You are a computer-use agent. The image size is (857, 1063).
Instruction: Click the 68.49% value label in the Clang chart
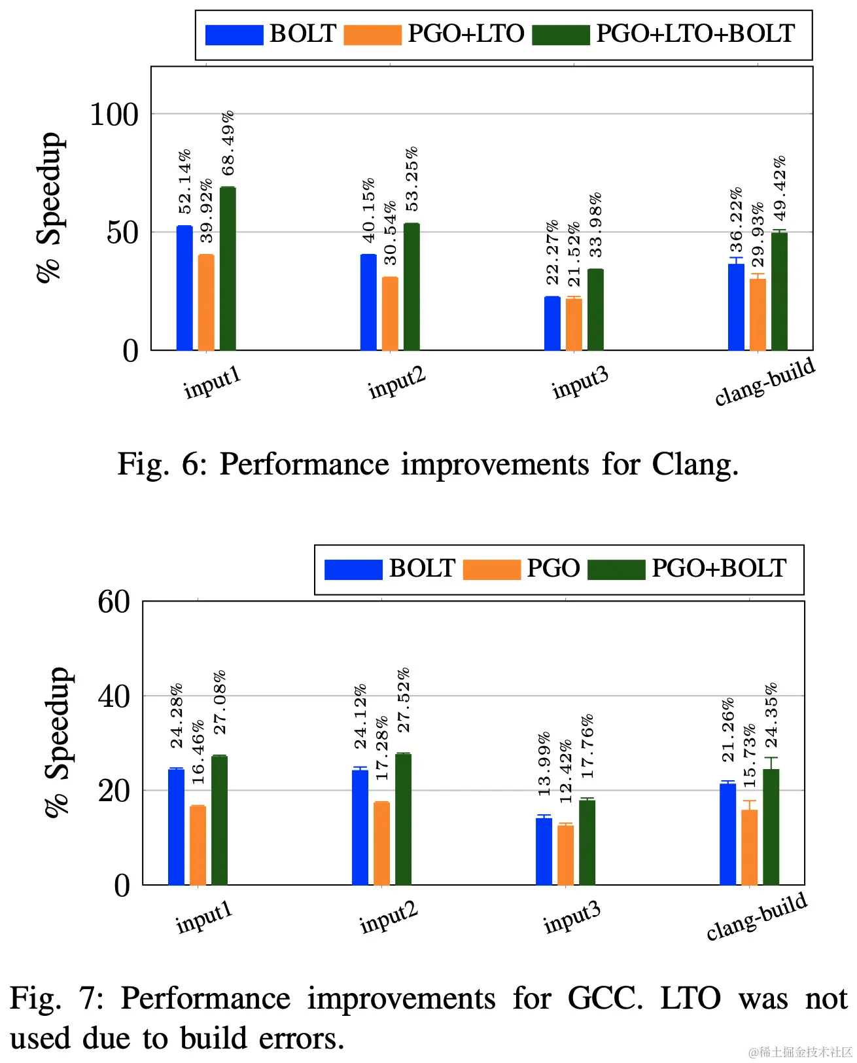pos(228,143)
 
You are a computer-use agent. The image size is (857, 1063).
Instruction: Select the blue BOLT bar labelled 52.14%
pos(184,288)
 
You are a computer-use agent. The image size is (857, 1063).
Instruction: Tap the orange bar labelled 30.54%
pos(390,314)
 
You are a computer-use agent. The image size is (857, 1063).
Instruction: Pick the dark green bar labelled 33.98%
pos(595,310)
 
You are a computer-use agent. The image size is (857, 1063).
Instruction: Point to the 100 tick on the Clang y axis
pos(114,115)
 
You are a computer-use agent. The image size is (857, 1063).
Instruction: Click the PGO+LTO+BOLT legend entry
pos(695,34)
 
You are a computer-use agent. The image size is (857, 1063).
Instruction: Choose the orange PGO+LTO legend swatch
pos(372,35)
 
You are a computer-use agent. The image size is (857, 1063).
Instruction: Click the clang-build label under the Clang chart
pos(765,381)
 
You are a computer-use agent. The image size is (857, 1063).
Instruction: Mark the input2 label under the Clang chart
pos(396,382)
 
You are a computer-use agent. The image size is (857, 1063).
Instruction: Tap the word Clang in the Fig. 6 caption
pos(695,465)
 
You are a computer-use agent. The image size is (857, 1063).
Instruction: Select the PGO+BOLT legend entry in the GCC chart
pos(719,568)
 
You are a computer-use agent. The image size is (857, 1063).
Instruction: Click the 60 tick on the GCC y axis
pos(114,602)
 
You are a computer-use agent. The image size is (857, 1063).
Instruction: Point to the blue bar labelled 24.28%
pos(176,827)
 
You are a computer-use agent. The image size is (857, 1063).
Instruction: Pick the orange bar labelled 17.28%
pos(381,843)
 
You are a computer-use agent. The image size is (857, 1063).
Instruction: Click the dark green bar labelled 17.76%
pos(587,842)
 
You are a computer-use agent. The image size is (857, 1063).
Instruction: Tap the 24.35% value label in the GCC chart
pos(771,715)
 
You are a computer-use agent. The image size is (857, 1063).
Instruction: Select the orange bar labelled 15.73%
pos(749,847)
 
